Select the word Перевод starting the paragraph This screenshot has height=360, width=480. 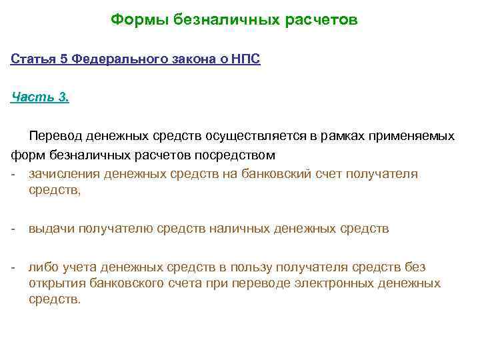point(57,136)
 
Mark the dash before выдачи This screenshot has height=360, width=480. point(13,229)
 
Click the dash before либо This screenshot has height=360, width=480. point(13,267)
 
